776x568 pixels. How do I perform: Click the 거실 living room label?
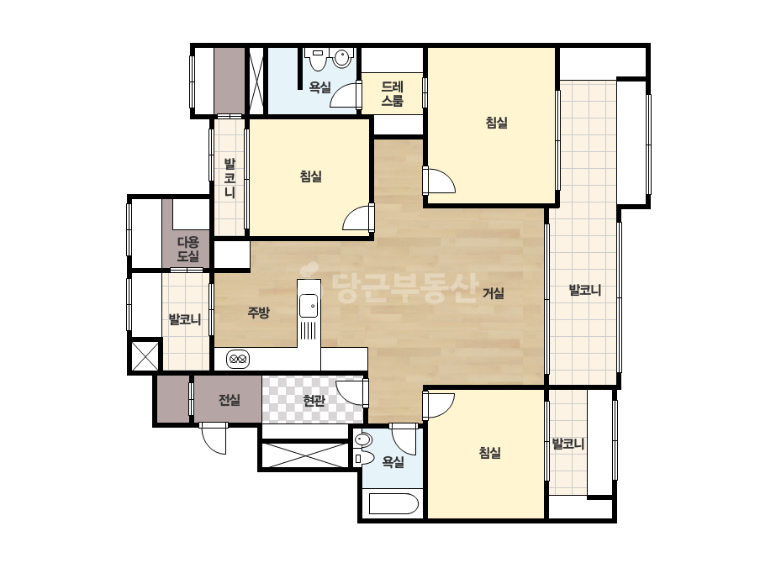pos(494,293)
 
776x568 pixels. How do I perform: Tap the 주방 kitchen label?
pos(259,313)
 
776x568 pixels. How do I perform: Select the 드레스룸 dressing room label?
pos(393,93)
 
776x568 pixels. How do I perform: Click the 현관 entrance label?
pos(314,400)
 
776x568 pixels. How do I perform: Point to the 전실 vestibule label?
pos(230,400)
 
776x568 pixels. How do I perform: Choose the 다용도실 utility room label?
pos(188,249)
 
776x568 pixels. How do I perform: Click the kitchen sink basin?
pos(309,305)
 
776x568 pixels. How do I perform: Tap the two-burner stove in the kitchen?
pos(239,360)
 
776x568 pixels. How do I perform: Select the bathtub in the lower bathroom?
pos(394,503)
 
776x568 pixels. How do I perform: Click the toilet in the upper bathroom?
pos(317,58)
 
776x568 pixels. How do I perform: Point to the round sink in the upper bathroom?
pos(341,58)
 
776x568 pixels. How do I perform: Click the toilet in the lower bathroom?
pos(364,458)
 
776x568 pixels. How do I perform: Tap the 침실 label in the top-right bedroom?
pos(496,122)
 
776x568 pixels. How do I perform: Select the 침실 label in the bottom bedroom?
pos(490,452)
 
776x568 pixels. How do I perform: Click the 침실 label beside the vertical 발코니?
pos(311,176)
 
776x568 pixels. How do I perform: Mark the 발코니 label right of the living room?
pos(585,290)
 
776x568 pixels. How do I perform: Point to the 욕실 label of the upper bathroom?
pos(320,87)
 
